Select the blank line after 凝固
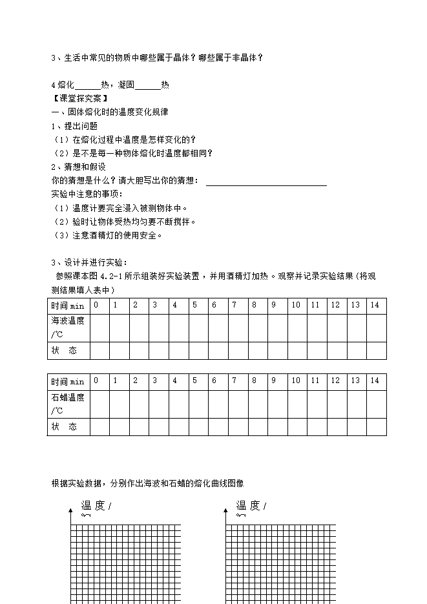(x=148, y=89)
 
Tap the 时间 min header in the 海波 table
(x=68, y=305)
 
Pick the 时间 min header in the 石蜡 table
(x=68, y=381)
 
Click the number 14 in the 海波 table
(x=375, y=305)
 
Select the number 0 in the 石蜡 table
(x=96, y=380)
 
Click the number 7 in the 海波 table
(x=234, y=305)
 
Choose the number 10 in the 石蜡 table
(x=295, y=380)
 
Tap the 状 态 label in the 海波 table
(x=64, y=350)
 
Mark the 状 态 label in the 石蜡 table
(x=64, y=427)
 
